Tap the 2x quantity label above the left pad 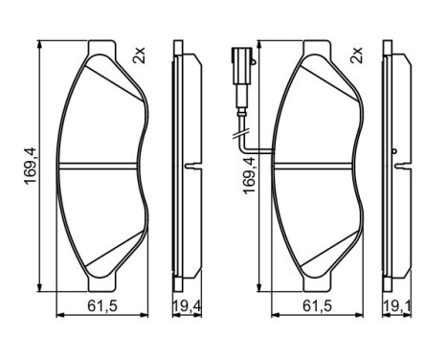(x=140, y=56)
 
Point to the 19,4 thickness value (x=184, y=306)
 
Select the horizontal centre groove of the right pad (x=321, y=165)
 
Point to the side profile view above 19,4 (x=184, y=168)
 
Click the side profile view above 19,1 (x=397, y=168)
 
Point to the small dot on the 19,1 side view (x=396, y=150)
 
